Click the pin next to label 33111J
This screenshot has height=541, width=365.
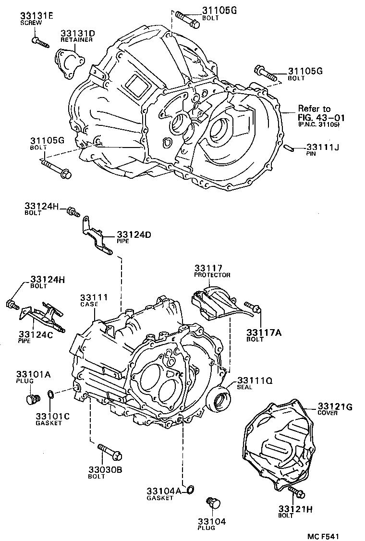[288, 148]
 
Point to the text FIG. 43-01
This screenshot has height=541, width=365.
[318, 117]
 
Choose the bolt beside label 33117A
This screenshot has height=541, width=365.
[253, 307]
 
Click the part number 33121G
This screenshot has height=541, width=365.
[335, 407]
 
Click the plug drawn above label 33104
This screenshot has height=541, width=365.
[212, 504]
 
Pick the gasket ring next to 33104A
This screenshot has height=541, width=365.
[190, 490]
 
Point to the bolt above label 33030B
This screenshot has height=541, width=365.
[110, 452]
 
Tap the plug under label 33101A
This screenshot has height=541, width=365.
[32, 399]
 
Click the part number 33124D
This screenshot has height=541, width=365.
[134, 234]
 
